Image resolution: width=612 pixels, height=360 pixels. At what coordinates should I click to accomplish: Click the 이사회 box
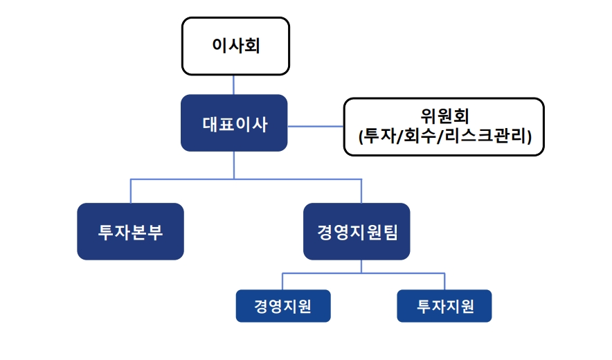[x=235, y=46]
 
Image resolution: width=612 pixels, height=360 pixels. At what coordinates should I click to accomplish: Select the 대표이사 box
[x=234, y=123]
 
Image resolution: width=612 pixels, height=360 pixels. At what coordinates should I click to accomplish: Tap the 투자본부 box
[x=130, y=231]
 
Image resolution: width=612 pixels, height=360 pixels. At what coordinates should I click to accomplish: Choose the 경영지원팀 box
[x=357, y=231]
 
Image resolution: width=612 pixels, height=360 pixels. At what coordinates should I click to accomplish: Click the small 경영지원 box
[x=283, y=306]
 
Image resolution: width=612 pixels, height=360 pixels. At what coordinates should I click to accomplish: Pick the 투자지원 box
[x=444, y=306]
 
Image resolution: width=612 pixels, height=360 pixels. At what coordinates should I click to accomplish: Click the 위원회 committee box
[x=444, y=127]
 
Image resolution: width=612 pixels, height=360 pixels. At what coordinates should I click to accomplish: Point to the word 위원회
[x=444, y=116]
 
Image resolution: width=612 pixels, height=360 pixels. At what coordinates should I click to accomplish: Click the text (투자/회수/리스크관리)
[x=445, y=136]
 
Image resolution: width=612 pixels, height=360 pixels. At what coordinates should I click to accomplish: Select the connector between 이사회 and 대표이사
[x=234, y=84]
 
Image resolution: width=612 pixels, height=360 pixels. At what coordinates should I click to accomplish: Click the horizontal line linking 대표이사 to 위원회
[x=316, y=126]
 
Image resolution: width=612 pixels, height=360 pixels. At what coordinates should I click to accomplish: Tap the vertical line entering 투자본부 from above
[x=131, y=191]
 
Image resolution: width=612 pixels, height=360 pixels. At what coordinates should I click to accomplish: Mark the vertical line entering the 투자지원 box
[x=444, y=281]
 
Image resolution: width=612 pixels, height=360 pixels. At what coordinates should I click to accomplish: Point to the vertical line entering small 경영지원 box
[x=282, y=281]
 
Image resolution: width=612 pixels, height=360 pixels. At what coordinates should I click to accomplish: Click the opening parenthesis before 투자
[x=361, y=136]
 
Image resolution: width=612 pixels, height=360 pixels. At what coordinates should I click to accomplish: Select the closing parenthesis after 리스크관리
[x=530, y=136]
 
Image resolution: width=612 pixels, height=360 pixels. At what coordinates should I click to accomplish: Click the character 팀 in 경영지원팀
[x=391, y=232]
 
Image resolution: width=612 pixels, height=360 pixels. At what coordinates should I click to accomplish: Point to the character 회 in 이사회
[x=253, y=45]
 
